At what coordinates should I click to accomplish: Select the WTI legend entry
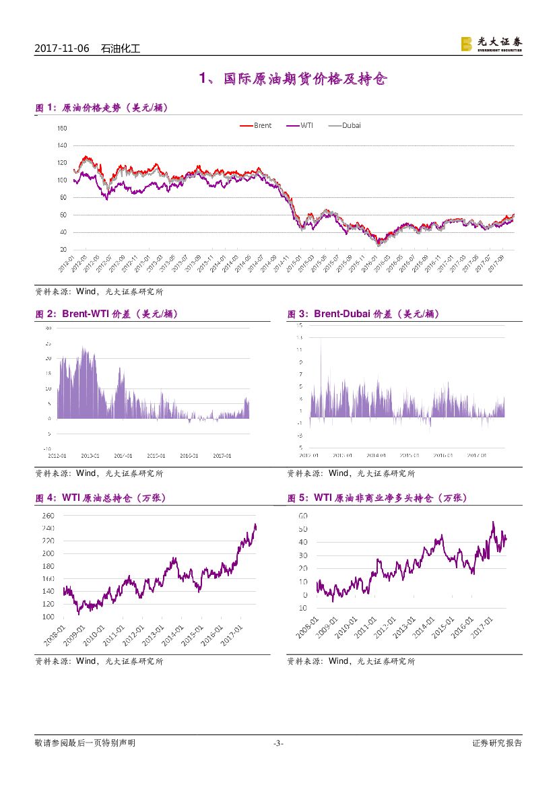tap(306, 125)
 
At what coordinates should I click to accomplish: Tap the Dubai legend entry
tap(351, 125)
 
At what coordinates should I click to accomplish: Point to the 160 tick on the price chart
tap(62, 128)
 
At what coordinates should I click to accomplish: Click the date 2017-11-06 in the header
tap(61, 48)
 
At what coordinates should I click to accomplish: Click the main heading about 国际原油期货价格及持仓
tap(293, 79)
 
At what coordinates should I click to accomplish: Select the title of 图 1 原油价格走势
tap(101, 108)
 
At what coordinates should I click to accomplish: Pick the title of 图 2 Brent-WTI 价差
tap(106, 314)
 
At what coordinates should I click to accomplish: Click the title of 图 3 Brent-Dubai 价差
tap(363, 314)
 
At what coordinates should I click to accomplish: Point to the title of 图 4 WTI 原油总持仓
tap(100, 498)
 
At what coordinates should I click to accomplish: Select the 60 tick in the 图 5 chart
tap(303, 516)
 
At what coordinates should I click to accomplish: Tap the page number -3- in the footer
tap(278, 743)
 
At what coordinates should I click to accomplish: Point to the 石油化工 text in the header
tap(120, 48)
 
